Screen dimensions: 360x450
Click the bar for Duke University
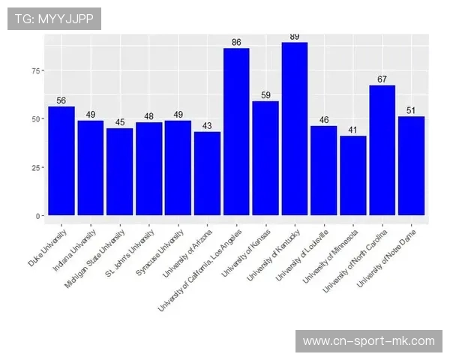click(61, 160)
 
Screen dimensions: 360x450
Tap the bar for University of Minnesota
click(352, 175)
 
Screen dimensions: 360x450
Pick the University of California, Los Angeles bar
click(236, 131)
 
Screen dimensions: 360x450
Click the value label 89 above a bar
click(294, 37)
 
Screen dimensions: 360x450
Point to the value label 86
click(236, 42)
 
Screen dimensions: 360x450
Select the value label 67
click(382, 79)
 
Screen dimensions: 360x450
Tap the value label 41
click(352, 130)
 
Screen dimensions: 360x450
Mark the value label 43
click(207, 126)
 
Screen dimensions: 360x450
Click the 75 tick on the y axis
click(33, 70)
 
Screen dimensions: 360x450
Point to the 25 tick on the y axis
click(33, 167)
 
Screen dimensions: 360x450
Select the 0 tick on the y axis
click(35, 216)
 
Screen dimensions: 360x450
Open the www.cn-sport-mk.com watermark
click(368, 341)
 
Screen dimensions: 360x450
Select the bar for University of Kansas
click(265, 157)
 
